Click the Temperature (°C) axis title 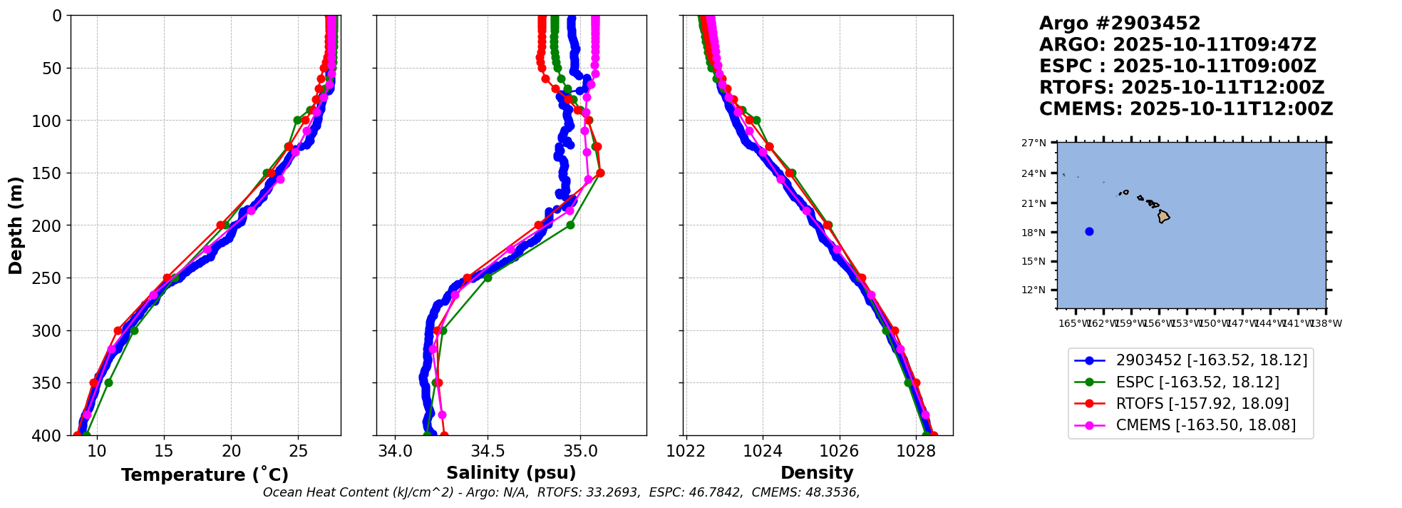tap(205, 475)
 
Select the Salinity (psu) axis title tap(511, 473)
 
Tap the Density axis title tap(817, 473)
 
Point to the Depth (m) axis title tap(16, 225)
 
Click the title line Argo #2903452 tap(1120, 24)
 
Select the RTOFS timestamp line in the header tap(1181, 88)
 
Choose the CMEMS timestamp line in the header tap(1185, 109)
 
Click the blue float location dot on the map tap(1089, 231)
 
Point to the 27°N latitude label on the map tap(1034, 143)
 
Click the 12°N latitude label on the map tap(1034, 290)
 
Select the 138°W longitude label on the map tap(1326, 323)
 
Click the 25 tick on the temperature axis tap(299, 451)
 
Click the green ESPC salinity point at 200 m tap(570, 225)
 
